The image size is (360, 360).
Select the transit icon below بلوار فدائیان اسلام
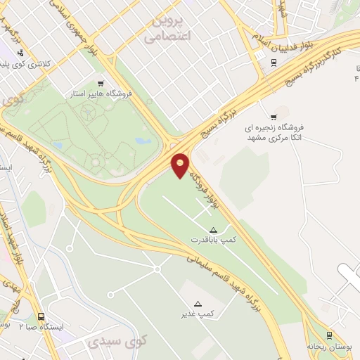pos(274,62)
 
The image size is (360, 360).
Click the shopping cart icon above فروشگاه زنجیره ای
pos(274,116)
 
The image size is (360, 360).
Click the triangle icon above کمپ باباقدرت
pos(214,230)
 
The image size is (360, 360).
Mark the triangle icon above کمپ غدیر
pos(198,304)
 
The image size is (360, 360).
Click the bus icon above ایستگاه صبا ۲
pos(41,317)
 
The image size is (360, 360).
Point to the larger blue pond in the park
pos(143,141)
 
